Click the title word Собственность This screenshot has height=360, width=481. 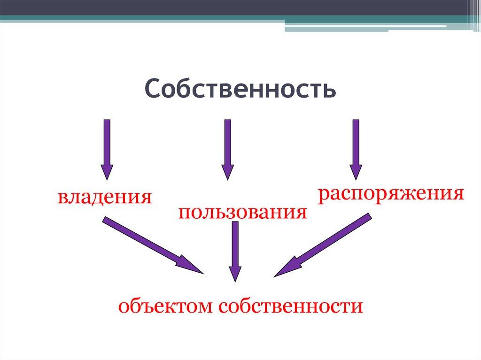pos(240,89)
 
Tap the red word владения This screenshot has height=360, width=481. pos(105,197)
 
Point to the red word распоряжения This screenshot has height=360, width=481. pos(391,194)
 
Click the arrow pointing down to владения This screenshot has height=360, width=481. pos(107,148)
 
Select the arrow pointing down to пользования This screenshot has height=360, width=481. pos(228,148)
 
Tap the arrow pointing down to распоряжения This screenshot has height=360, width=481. pos(356,148)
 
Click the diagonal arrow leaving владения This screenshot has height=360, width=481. pos(150,244)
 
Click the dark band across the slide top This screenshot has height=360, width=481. pos(235,7)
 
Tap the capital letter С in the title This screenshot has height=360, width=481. pos(152,89)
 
